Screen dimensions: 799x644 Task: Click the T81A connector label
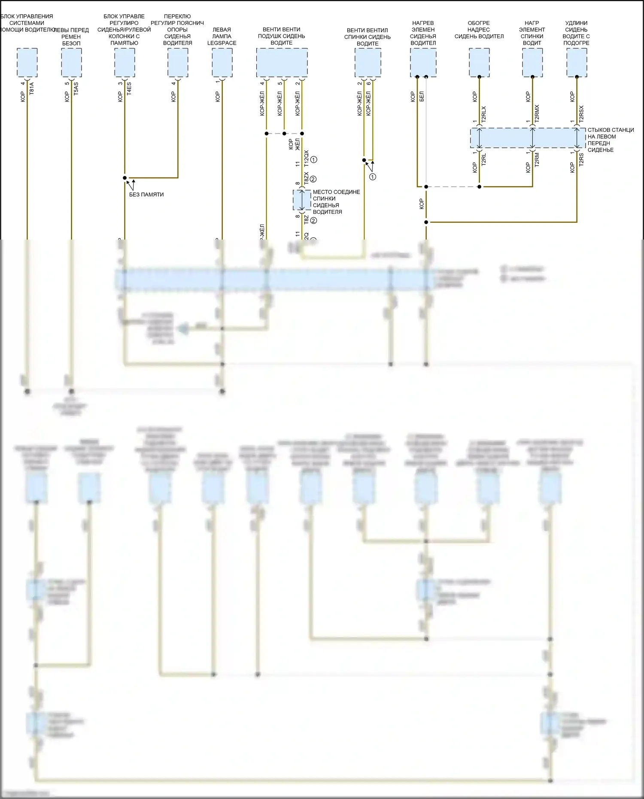pos(31,88)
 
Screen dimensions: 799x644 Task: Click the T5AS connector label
pos(76,88)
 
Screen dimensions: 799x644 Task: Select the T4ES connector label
pos(129,88)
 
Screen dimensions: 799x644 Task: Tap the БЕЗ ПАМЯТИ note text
pos(146,194)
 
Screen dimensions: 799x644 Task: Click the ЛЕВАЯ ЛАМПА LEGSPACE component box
pos(222,63)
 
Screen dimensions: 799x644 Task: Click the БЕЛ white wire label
pos(422,96)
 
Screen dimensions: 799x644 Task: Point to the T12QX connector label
pos(306,159)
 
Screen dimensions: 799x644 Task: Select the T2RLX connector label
pos(483,115)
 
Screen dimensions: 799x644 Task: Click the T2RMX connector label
pos(537,114)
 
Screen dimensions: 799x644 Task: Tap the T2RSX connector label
pos(581,114)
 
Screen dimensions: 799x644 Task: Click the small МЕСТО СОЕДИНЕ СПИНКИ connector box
pos(302,201)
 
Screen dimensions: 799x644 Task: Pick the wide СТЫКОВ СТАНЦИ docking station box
pos(528,138)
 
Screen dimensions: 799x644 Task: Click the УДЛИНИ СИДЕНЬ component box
pos(577,63)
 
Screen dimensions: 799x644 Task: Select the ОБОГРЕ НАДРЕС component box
pos(479,63)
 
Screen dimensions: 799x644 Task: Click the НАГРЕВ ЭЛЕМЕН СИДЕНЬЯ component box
pos(423,63)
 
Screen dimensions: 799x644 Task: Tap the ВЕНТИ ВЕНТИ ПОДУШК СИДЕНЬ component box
pos(282,63)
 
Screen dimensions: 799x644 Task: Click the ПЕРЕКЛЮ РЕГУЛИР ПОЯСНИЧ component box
pos(178,63)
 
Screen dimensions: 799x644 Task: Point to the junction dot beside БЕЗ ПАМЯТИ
pos(125,178)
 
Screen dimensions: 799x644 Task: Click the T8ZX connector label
pos(306,179)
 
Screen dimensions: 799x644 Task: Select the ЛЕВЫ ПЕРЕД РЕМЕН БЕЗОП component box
pos(71,63)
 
